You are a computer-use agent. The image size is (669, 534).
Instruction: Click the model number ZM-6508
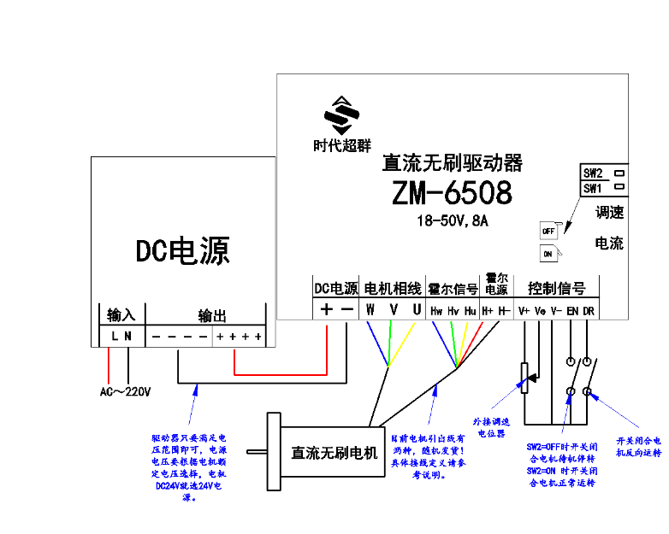(x=453, y=192)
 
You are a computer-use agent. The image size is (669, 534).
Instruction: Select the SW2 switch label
(x=594, y=172)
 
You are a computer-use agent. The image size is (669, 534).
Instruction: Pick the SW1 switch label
(x=594, y=188)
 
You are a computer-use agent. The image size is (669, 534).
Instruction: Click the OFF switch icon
(x=549, y=230)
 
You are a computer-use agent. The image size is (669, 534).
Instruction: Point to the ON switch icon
(x=548, y=253)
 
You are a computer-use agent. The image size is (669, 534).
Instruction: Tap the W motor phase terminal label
(x=370, y=309)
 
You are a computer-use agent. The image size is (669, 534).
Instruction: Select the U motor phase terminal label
(x=417, y=309)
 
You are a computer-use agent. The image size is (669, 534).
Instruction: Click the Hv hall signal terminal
(x=453, y=311)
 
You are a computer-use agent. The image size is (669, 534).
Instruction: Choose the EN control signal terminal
(x=571, y=311)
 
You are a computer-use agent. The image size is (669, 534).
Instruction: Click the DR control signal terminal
(x=588, y=311)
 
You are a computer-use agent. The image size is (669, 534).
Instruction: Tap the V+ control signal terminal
(x=524, y=311)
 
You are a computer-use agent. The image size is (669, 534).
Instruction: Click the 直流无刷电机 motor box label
(x=334, y=453)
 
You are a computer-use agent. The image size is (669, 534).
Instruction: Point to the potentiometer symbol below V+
(x=525, y=376)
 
